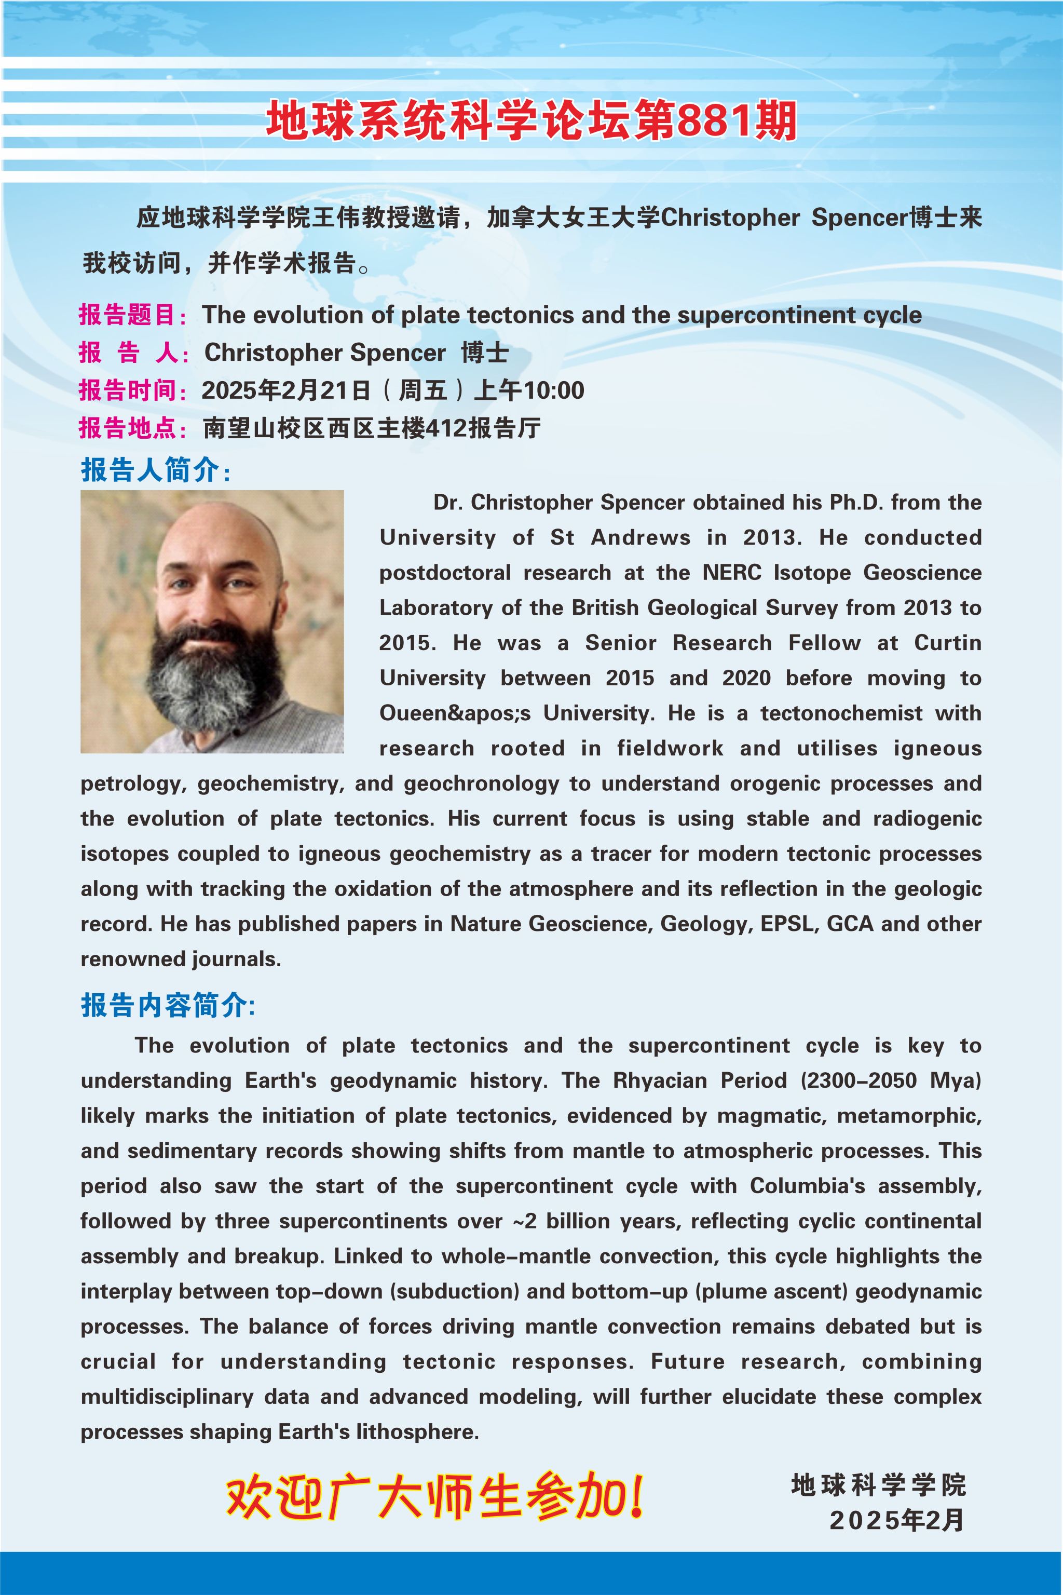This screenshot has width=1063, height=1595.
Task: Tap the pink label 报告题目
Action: point(129,315)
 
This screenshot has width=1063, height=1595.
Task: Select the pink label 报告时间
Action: point(129,390)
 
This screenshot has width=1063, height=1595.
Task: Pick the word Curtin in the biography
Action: point(947,643)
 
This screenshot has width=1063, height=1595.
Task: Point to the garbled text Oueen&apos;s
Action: point(454,713)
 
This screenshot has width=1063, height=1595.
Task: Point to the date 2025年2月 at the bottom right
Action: point(896,1520)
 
